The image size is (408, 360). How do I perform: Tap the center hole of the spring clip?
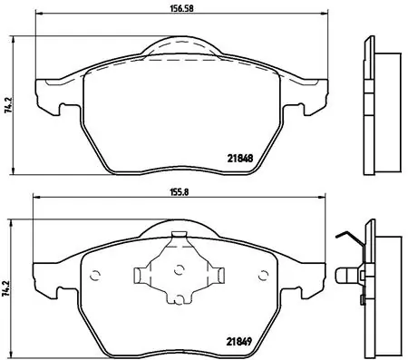coord(178,268)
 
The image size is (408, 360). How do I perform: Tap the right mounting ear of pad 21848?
coord(308,97)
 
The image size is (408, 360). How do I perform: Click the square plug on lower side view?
coord(345,271)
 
